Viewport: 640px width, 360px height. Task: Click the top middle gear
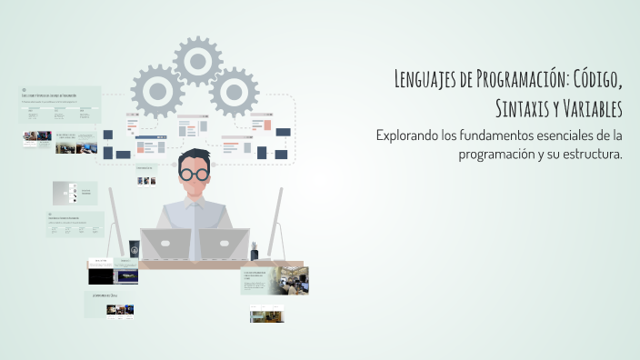tap(198, 62)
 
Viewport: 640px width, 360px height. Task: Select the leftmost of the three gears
tap(157, 91)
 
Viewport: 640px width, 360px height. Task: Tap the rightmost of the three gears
tap(235, 91)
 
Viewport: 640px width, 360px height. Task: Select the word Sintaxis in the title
tap(528, 109)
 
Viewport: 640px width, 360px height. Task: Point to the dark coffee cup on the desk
tap(134, 248)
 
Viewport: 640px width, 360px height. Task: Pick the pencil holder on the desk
tap(255, 249)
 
